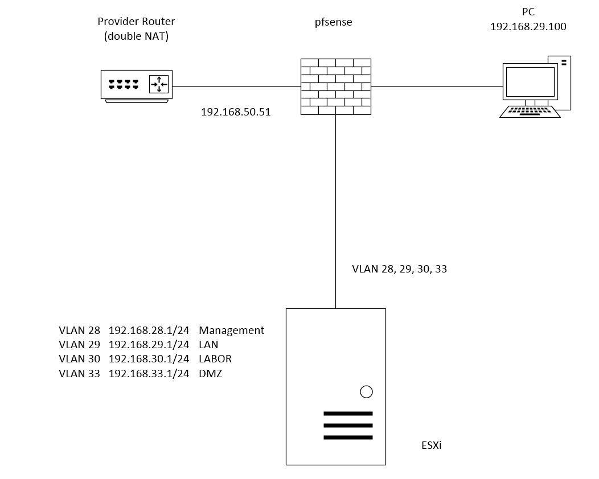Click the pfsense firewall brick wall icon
point(336,86)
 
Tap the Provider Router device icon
point(137,85)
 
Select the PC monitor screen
point(530,82)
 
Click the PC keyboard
point(530,112)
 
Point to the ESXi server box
point(335,386)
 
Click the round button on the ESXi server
point(367,391)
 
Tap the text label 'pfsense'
point(334,22)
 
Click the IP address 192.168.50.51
point(236,112)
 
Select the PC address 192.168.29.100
point(528,26)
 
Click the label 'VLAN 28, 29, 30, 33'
point(400,269)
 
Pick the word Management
point(231,330)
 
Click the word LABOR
point(215,359)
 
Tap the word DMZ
point(210,374)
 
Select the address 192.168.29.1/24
point(149,345)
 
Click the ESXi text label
point(431,445)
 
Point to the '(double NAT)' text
point(136,36)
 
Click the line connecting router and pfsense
point(236,87)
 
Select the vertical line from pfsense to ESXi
point(335,210)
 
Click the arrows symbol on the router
point(159,84)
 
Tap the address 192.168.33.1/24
point(149,374)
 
